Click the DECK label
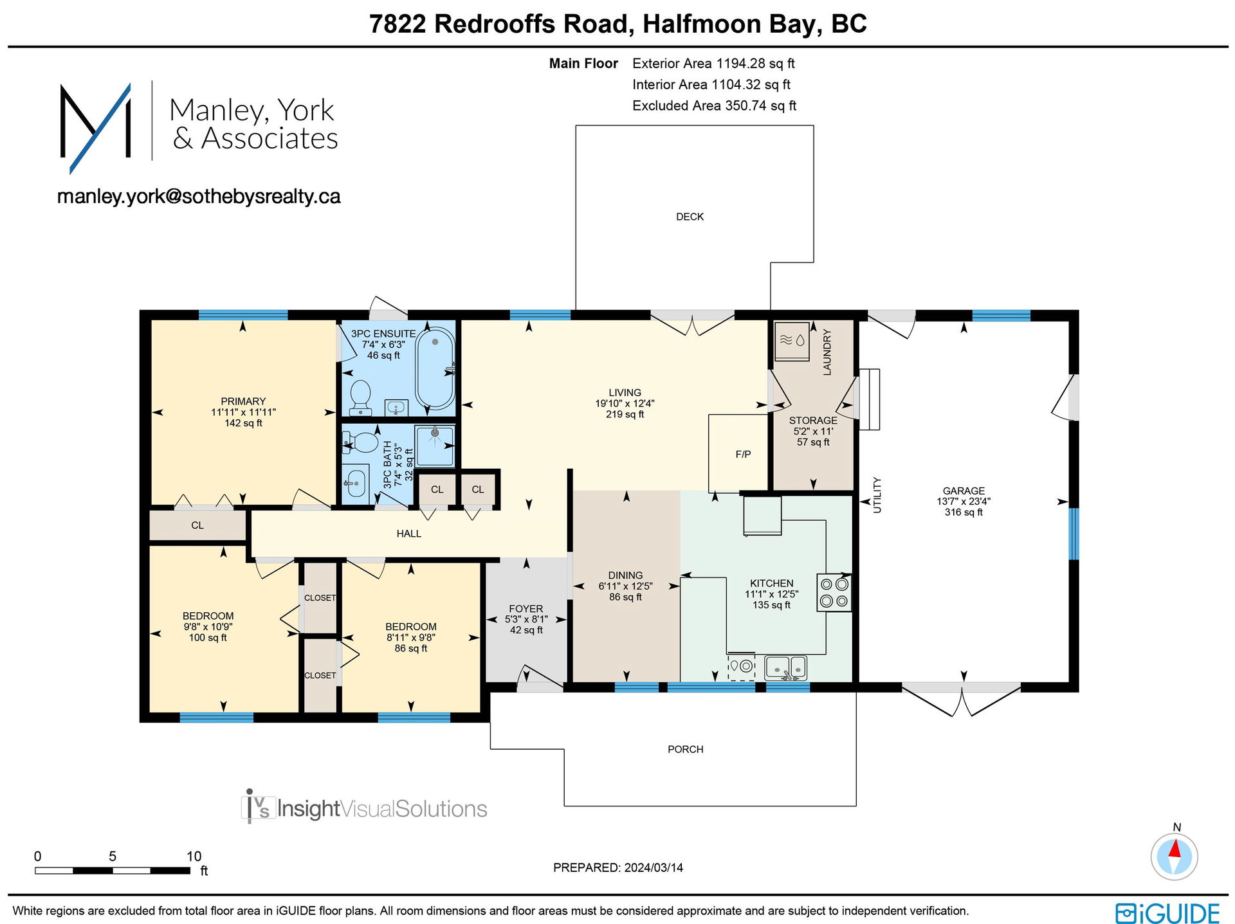[690, 217]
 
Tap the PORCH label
[685, 749]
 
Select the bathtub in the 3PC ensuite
[435, 368]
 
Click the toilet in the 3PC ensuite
[360, 397]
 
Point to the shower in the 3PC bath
[435, 446]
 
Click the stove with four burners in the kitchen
[834, 593]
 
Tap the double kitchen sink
[785, 667]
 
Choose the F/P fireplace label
[743, 455]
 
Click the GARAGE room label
[964, 491]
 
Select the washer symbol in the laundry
[792, 341]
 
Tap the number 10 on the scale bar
[194, 856]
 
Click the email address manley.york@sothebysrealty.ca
[199, 196]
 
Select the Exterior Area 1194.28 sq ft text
[713, 64]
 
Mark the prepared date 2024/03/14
[653, 867]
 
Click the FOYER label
[526, 608]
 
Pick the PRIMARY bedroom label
[243, 401]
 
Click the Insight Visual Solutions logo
[364, 807]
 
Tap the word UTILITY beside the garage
[877, 495]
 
